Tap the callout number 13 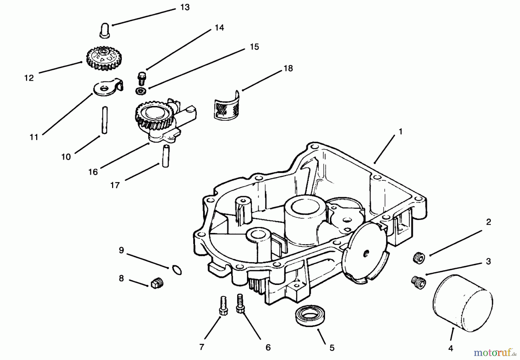tap(185, 7)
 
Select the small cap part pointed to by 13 tap(104, 30)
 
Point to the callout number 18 tap(288, 68)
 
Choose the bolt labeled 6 tap(240, 303)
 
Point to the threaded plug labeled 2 tap(418, 257)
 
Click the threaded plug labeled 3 tap(418, 281)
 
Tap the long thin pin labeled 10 tap(105, 120)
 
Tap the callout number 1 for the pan tap(400, 132)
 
